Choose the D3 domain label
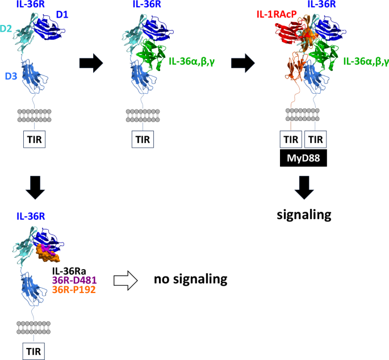pyautogui.click(x=11, y=76)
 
